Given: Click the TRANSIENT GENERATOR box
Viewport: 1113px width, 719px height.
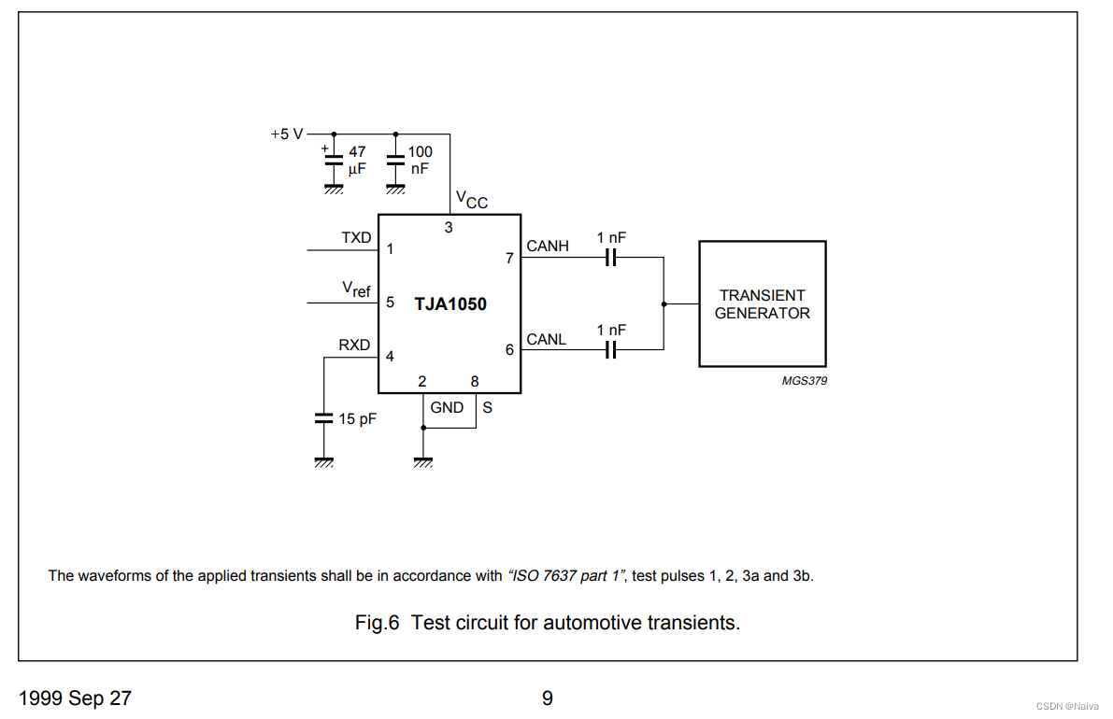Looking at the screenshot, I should click(762, 303).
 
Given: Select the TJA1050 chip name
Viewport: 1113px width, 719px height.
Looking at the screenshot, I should click(450, 303).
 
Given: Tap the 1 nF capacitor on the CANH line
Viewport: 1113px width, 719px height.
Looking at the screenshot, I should click(611, 259).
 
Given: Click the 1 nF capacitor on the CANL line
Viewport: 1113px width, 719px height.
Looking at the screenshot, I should click(611, 350).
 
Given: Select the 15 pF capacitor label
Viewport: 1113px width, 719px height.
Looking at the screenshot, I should click(357, 419).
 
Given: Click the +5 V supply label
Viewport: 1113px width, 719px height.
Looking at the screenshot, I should click(287, 134).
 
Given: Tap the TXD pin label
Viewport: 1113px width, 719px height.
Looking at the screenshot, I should click(356, 238).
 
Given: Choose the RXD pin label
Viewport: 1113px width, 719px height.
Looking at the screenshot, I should click(354, 345).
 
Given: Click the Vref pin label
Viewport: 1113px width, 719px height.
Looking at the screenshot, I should click(356, 289).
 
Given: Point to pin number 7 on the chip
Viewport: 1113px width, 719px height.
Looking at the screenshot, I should click(509, 259).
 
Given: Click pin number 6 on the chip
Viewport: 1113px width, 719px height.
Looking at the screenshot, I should click(509, 350).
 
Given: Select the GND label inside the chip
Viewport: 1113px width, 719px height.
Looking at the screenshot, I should click(447, 407).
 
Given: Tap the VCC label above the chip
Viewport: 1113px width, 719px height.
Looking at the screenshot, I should click(471, 200).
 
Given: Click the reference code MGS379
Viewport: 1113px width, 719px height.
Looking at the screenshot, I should click(804, 381).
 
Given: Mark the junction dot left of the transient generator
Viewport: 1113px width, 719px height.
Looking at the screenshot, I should click(664, 303).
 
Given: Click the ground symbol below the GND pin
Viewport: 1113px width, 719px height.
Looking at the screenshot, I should click(423, 461).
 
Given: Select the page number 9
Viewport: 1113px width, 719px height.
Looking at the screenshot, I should click(548, 698).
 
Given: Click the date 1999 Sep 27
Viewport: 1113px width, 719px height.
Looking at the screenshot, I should click(76, 698).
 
